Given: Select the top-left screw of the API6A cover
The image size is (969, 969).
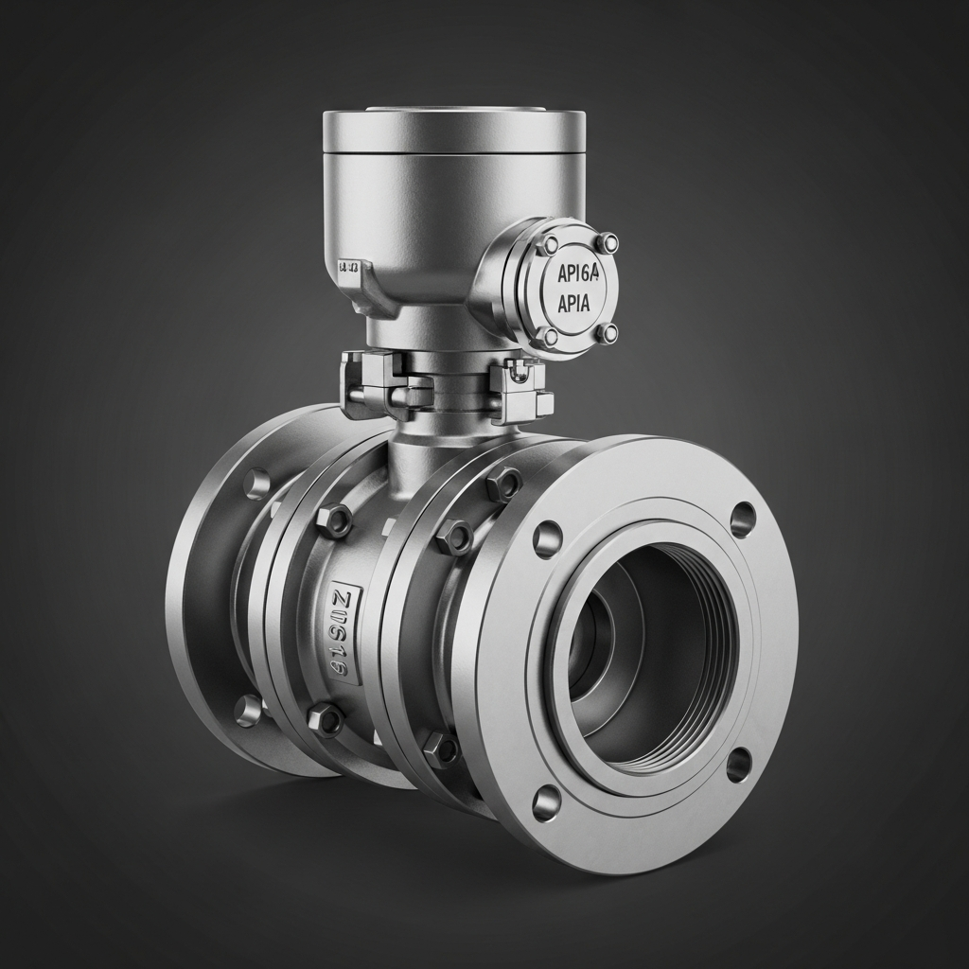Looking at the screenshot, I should pyautogui.click(x=549, y=246).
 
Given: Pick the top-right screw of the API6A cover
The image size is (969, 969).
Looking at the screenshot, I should pyautogui.click(x=608, y=243).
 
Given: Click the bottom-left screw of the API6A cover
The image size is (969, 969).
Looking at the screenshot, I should pyautogui.click(x=548, y=336).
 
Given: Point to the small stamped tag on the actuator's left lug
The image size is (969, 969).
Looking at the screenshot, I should pyautogui.click(x=348, y=268).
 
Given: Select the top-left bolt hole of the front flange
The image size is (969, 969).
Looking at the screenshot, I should pyautogui.click(x=547, y=538).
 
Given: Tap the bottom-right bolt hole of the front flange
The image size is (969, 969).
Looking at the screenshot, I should pyautogui.click(x=739, y=764).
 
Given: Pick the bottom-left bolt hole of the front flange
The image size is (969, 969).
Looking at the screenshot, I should pyautogui.click(x=546, y=802).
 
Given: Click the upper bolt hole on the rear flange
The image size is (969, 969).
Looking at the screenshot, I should pyautogui.click(x=256, y=484).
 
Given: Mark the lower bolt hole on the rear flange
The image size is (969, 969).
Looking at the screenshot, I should pyautogui.click(x=248, y=710).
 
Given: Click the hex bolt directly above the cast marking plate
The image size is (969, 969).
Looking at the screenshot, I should pyautogui.click(x=333, y=520).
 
